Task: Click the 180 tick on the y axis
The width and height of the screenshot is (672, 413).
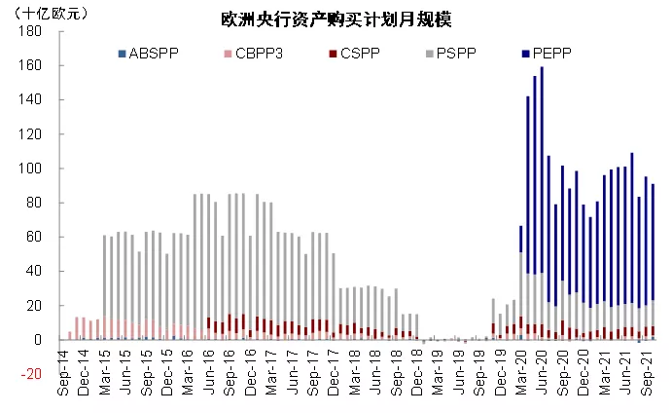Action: coord(30,31)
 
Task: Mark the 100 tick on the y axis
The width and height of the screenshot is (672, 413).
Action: coord(30,169)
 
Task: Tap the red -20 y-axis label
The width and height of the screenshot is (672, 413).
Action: coord(32,374)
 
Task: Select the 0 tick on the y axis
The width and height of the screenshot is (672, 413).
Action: coord(37,340)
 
